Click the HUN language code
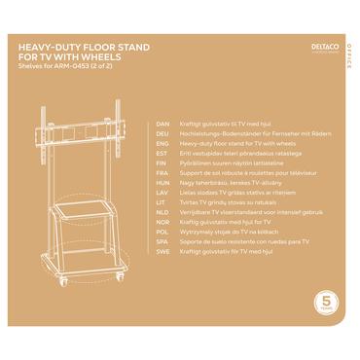[x=163, y=183]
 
